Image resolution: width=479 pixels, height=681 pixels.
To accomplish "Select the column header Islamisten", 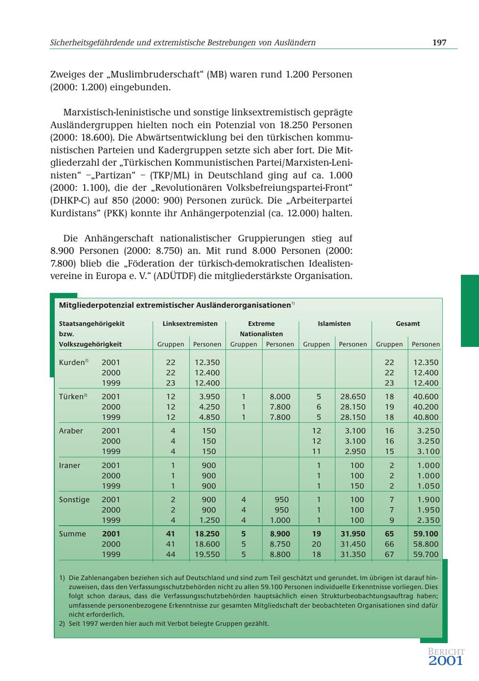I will [x=334, y=323].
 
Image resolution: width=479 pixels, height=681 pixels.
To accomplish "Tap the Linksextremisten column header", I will [x=189, y=323].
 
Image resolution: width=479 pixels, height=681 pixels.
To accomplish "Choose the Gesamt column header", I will [x=408, y=323].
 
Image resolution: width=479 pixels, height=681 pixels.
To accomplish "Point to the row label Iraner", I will [x=70, y=465].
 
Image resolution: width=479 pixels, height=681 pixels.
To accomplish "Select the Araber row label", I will [x=71, y=431].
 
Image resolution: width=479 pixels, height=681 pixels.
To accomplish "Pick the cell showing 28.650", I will [x=353, y=396].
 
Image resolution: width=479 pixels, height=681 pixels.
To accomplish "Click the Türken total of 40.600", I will [x=426, y=396].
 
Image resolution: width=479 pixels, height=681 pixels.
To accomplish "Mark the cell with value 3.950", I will [x=209, y=396].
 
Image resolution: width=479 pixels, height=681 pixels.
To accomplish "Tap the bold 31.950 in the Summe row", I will [x=353, y=533].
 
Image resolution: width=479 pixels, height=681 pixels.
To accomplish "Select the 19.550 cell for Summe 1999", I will [x=207, y=554].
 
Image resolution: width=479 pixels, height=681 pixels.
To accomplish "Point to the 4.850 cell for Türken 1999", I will [x=209, y=417].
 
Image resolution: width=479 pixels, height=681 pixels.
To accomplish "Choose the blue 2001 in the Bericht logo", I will [x=445, y=661].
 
